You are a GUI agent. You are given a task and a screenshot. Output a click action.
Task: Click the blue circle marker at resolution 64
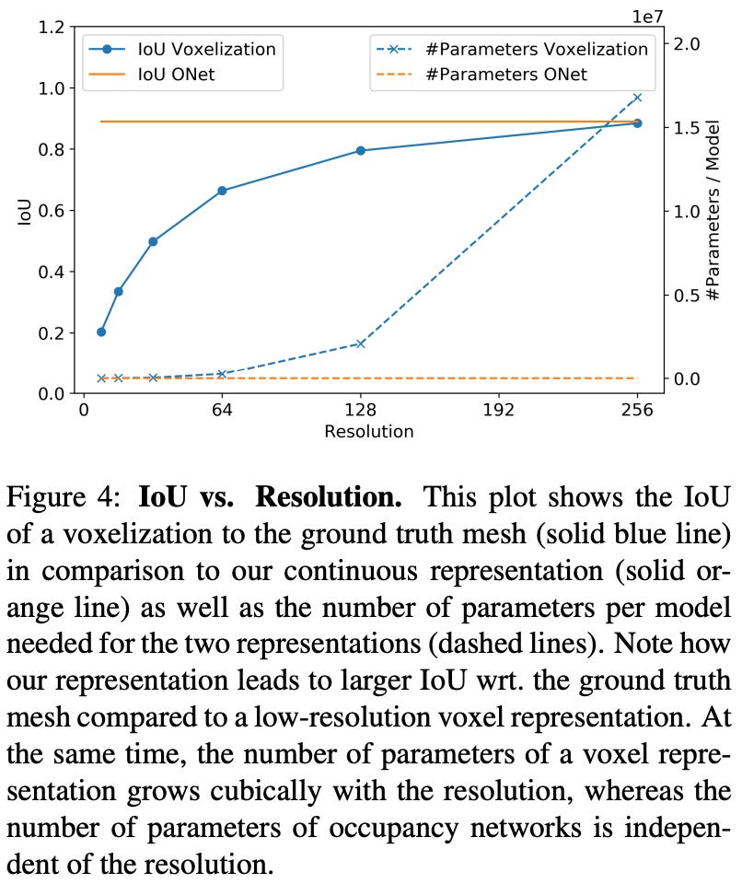pyautogui.click(x=222, y=191)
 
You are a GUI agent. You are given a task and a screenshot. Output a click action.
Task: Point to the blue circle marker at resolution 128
pyautogui.click(x=361, y=150)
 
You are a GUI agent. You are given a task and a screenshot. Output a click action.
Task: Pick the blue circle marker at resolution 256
pyautogui.click(x=637, y=122)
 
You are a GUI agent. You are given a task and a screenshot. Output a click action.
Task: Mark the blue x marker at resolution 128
pyautogui.click(x=361, y=343)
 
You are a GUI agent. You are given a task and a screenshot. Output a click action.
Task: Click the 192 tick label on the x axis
pyautogui.click(x=498, y=411)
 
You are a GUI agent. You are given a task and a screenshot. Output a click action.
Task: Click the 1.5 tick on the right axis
pyautogui.click(x=688, y=127)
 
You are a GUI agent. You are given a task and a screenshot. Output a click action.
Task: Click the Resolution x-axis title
pyautogui.click(x=368, y=431)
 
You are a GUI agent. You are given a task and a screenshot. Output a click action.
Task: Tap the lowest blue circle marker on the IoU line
pyautogui.click(x=101, y=331)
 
